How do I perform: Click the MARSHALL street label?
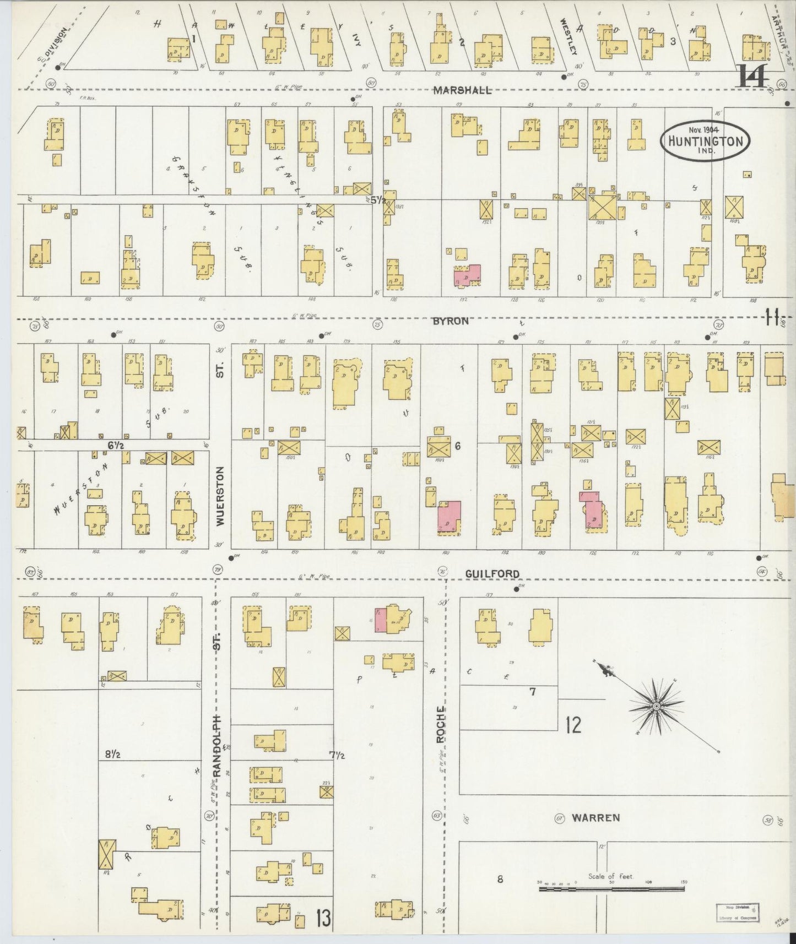coord(462,90)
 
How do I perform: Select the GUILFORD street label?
coord(492,574)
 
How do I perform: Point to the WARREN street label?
coord(595,818)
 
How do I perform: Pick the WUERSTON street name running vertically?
coord(220,497)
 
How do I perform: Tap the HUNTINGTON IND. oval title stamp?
coord(705,140)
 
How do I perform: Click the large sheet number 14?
coord(753,77)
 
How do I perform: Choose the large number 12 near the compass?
coord(573,725)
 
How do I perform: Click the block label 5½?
coord(378,200)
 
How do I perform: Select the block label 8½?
coord(113,754)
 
